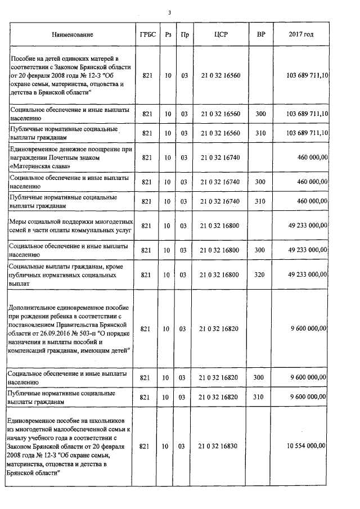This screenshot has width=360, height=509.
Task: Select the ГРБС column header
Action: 147,35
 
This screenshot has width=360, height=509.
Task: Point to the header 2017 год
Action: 301,35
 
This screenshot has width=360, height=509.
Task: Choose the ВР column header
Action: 260,35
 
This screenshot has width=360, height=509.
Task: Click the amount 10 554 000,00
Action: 307,446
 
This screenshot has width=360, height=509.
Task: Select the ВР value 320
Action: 260,274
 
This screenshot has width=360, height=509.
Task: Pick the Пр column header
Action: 183,35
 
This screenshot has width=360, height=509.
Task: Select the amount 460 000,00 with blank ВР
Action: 312,158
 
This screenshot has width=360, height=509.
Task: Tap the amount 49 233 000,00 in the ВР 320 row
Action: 307,274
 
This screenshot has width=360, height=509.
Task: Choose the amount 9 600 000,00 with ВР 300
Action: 308,377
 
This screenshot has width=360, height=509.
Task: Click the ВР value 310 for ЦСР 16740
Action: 260,201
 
